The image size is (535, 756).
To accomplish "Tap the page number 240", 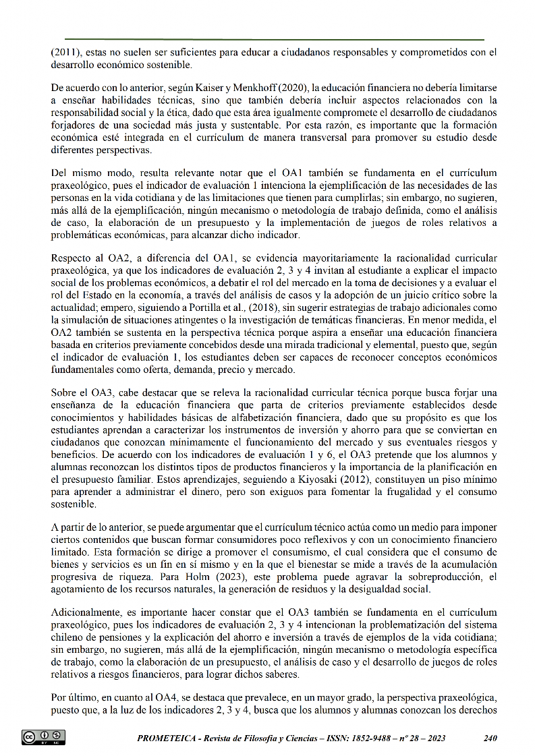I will [490, 738].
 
